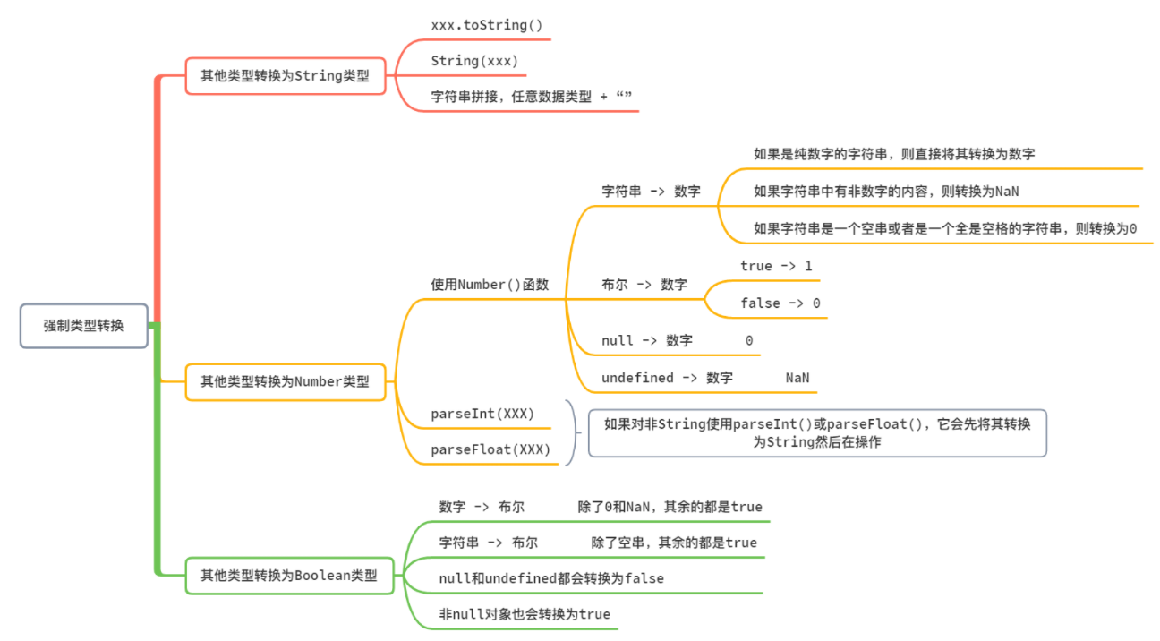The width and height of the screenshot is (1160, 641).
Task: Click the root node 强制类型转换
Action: coord(83,326)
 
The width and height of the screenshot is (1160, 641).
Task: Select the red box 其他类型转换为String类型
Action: coord(285,76)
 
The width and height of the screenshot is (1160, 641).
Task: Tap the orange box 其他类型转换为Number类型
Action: coord(285,381)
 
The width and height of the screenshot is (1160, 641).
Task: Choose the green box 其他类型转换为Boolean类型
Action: coord(289,576)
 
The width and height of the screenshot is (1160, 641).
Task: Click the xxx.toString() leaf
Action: coord(487,25)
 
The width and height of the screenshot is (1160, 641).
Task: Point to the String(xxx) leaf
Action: coord(474,61)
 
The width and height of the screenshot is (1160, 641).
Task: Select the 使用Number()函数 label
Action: coord(490,285)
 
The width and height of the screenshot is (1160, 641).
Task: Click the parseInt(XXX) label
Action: coord(482,414)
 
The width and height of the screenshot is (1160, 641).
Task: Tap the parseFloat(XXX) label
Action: coord(490,449)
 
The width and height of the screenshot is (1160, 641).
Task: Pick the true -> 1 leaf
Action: coord(776,266)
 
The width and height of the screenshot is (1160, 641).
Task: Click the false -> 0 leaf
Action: coord(780,303)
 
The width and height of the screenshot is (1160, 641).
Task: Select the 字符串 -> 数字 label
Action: coord(651,191)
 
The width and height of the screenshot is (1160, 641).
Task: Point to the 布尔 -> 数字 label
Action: coord(644,285)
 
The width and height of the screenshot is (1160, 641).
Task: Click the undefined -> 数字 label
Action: coord(667,378)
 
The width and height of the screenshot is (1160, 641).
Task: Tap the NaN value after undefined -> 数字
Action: coord(797,378)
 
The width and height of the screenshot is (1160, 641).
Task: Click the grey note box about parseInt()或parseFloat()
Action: coord(817,432)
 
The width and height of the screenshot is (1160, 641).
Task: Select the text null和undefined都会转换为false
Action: coord(551,578)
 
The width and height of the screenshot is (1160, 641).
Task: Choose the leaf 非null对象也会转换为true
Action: coord(525,614)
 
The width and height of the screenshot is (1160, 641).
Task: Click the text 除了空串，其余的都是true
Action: coord(674,543)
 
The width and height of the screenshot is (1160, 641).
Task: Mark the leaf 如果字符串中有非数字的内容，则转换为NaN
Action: coord(886,191)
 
